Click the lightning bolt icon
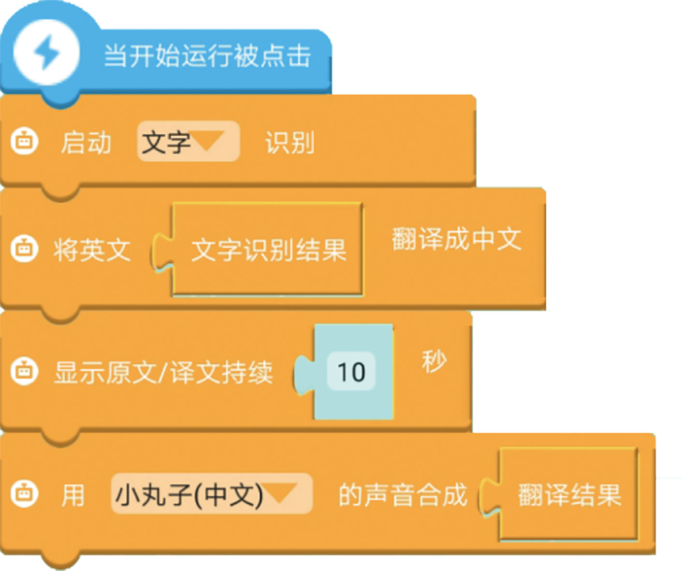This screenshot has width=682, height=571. point(46,52)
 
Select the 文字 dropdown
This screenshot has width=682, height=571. point(188,142)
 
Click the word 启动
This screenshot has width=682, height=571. point(86,143)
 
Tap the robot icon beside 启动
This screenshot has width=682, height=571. point(24,142)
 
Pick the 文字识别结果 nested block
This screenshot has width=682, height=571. point(268,249)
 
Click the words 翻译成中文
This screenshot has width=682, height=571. point(456,239)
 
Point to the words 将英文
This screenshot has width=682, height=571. point(92,250)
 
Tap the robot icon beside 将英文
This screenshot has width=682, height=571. point(24,249)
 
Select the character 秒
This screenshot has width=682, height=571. point(434,362)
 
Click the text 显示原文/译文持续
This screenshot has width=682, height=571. point(163,373)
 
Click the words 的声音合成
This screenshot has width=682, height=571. point(403,495)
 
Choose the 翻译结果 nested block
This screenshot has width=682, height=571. point(569,495)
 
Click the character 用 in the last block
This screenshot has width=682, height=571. point(73,496)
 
